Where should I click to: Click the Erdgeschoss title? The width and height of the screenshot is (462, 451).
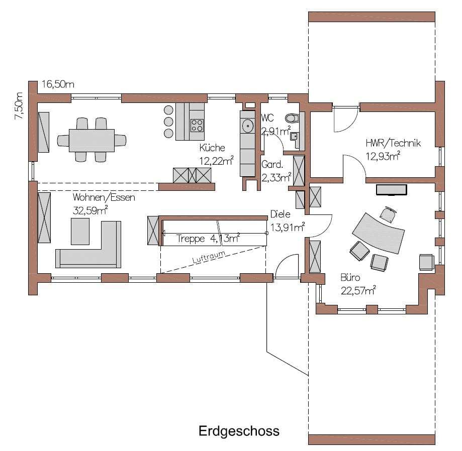[x=239, y=431]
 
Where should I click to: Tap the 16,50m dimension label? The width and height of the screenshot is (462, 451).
[x=58, y=84]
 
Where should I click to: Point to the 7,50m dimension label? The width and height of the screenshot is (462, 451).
[x=18, y=105]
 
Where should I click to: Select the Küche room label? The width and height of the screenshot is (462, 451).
[x=212, y=147]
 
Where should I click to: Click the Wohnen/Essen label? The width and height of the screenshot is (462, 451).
[x=104, y=197]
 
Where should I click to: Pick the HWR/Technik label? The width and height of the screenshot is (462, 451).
[x=393, y=143]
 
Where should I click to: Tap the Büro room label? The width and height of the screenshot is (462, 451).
[x=350, y=277]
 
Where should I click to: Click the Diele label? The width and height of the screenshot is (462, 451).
[x=280, y=214]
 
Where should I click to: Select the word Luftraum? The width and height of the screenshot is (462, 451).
[x=209, y=257]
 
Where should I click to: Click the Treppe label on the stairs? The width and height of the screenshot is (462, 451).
[x=191, y=239]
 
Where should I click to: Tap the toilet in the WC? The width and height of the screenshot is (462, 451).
[x=292, y=119]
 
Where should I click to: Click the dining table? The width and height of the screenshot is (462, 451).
[x=91, y=141]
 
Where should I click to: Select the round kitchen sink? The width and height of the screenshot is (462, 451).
[x=248, y=126]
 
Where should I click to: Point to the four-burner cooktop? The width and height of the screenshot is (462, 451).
[x=197, y=125]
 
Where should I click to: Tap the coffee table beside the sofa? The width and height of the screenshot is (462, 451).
[x=80, y=232]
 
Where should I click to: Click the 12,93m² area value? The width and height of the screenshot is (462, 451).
[x=383, y=156]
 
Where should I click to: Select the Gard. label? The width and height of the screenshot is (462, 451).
[x=272, y=164]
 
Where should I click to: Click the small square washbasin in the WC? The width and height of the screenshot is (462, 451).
[x=294, y=136]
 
